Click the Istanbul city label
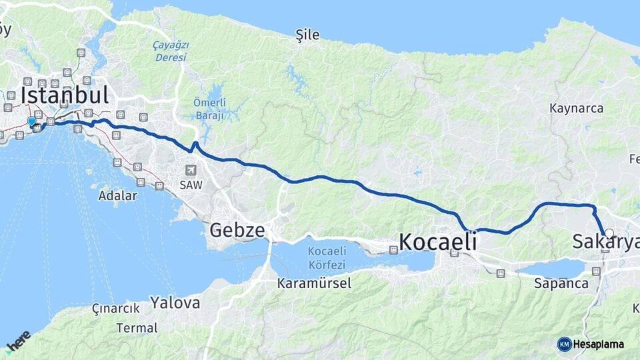coord(64,95)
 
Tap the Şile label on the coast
coord(308,35)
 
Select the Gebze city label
coord(237,231)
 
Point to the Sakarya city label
coord(605,242)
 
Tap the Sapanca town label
coord(561,283)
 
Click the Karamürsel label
coord(314,283)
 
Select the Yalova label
coord(175,303)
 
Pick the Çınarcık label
coord(116,308)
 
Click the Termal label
coord(137,328)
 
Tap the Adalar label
coord(117,196)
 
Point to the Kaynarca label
coord(576,108)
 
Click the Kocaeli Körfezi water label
coord(327,257)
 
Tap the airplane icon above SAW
coord(191,170)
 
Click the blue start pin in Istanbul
coord(31,121)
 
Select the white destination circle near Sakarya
coord(609,233)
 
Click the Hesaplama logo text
coord(598,344)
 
